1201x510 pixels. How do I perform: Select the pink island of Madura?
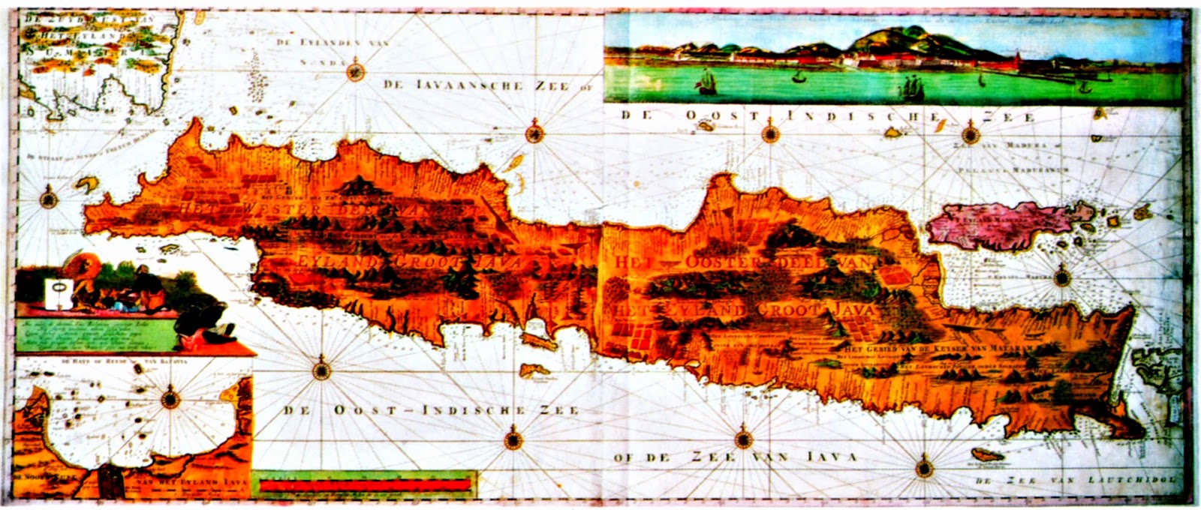pos(998,223)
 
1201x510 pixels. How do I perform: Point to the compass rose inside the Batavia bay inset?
pos(170,396)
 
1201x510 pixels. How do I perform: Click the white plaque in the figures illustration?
pos(59,293)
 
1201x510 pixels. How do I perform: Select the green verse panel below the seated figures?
pos(90,334)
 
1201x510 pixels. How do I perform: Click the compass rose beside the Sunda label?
pos(356,72)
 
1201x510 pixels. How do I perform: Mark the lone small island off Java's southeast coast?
pos(986,454)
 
